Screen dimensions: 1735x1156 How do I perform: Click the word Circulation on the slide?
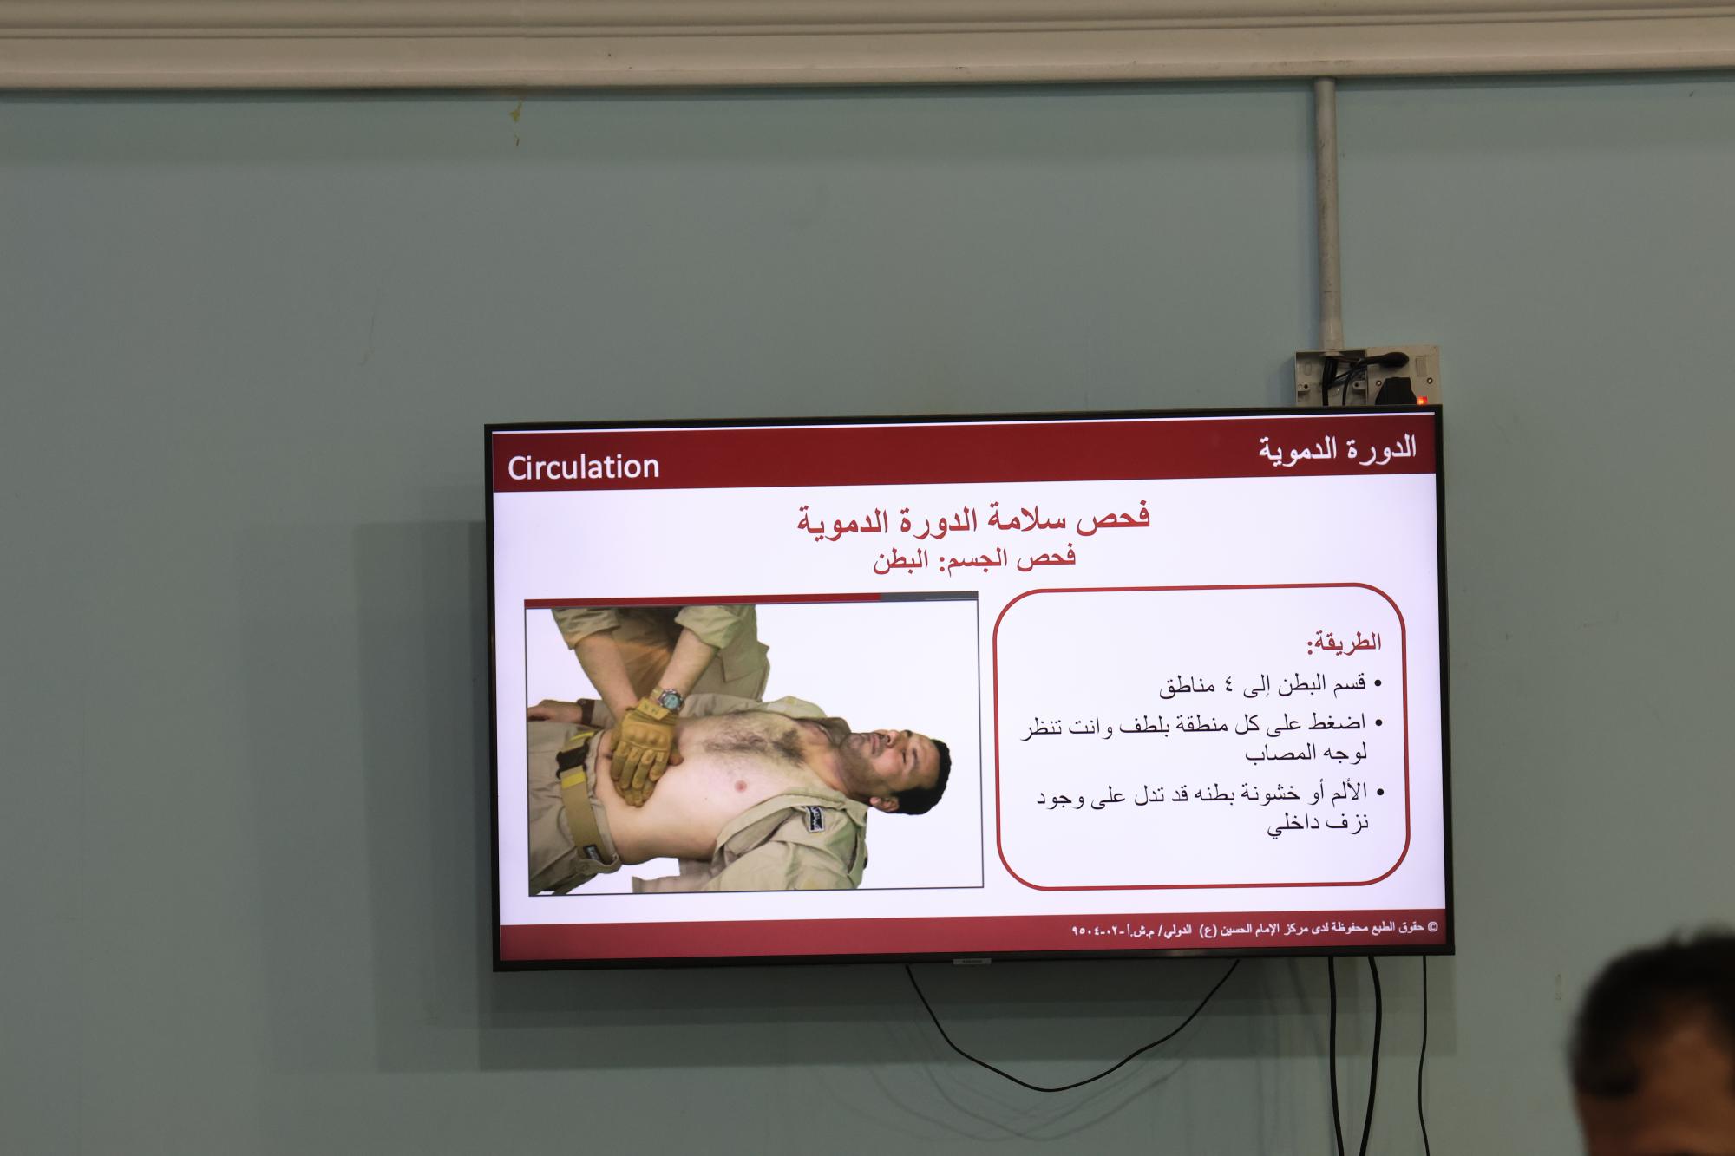(x=583, y=467)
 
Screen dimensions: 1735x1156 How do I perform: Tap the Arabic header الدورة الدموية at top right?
(x=1337, y=449)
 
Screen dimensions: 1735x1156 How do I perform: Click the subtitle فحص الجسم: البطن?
(x=974, y=558)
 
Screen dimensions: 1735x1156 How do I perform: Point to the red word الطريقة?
(x=1344, y=643)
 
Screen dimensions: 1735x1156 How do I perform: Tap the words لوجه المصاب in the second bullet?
(x=1306, y=754)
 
